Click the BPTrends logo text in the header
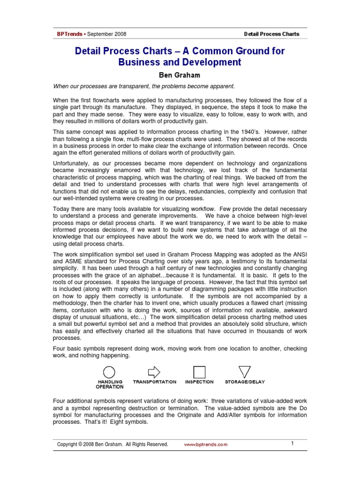pos(69,34)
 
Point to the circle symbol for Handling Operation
pos(109,372)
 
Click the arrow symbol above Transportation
pos(154,372)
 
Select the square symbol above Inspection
pos(200,372)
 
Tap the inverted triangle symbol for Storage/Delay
pos(244,372)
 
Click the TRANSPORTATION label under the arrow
pos(155,382)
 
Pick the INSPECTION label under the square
pos(199,382)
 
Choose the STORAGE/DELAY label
pos(245,382)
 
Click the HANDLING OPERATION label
pos(110,384)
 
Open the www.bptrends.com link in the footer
pos(205,444)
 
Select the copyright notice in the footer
pos(112,444)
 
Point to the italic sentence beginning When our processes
pos(143,86)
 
